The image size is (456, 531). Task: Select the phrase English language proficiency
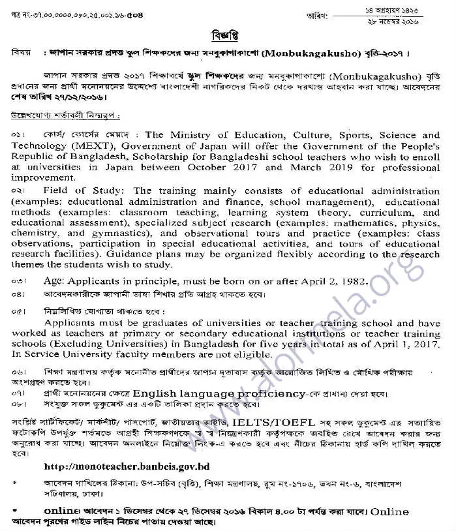(219, 394)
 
